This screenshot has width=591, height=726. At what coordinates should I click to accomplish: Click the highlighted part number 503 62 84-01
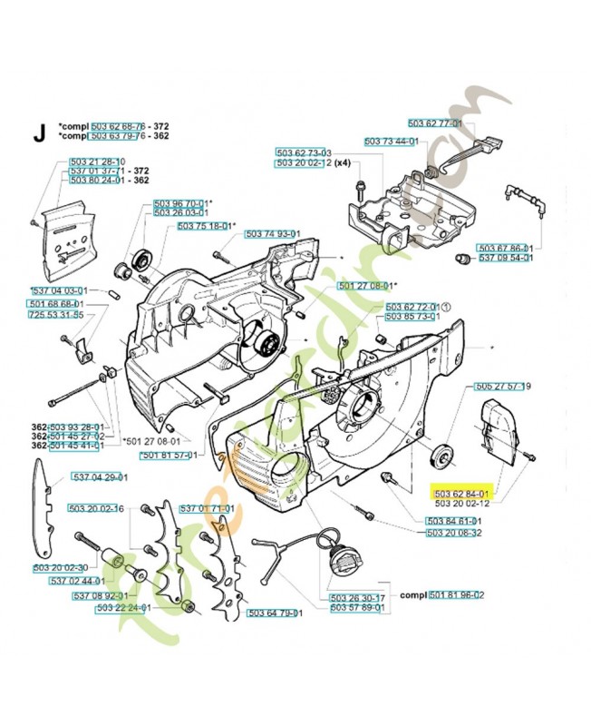point(462,492)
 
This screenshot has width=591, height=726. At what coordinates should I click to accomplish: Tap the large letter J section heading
point(39,132)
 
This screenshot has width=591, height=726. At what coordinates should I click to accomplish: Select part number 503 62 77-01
point(435,123)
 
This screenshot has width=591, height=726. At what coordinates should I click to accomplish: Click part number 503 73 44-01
point(391,142)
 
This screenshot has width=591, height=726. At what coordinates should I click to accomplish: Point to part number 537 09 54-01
point(506,258)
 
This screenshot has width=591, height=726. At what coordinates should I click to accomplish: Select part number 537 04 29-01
point(100,477)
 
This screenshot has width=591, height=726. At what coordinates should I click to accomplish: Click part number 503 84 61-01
point(454,521)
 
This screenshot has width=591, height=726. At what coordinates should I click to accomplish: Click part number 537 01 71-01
point(207,508)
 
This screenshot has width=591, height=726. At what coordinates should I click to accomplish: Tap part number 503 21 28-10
point(95,162)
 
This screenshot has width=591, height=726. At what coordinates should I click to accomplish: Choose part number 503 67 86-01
point(506,248)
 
